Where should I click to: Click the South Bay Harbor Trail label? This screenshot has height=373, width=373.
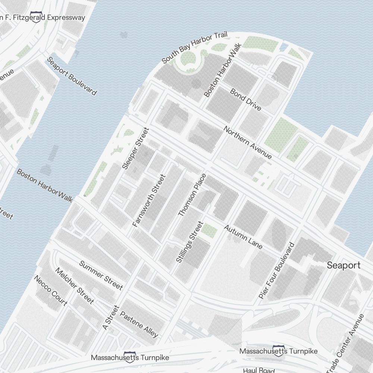pos(194,48)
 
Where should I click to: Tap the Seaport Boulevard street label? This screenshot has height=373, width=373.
pos(72,76)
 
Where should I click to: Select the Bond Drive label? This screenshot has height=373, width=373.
pos(245,99)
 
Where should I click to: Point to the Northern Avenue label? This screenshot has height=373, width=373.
pos(248,142)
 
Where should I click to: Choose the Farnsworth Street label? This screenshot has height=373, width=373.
pos(148,201)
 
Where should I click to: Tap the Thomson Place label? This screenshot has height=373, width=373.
pos(192,195)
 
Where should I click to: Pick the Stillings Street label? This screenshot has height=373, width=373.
pos(189,242)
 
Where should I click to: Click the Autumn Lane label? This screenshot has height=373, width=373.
pos(243,236)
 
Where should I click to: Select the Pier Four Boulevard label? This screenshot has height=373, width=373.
pos(276,270)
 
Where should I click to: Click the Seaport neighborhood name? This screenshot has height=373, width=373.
pos(344,265)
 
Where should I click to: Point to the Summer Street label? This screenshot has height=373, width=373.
pos(101,275)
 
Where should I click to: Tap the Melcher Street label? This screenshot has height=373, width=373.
pos(74,285)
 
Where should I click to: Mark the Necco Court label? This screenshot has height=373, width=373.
pos(50,291)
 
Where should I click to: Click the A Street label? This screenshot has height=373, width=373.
pos(110,317)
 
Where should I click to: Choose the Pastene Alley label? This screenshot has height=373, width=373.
pos(139,324)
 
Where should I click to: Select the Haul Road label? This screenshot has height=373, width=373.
pos(258,370)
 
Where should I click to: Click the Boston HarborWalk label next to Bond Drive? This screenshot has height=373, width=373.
pos(223,71)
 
